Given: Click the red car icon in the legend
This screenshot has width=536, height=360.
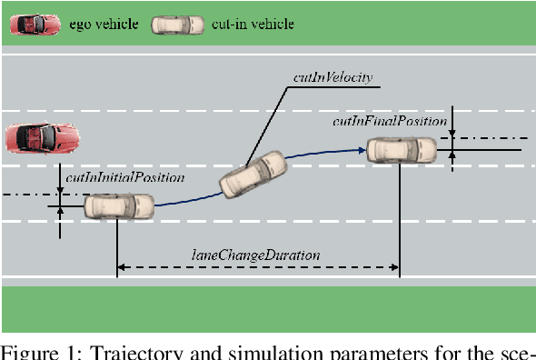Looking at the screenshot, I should coord(35,25).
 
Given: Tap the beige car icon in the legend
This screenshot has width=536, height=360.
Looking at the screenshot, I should coord(180,25).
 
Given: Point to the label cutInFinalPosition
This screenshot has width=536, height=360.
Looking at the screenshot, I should coord(390,120).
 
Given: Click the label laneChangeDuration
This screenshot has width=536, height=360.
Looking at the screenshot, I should coord(255,255).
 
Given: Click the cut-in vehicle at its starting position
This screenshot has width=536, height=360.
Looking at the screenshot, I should coord(119,207).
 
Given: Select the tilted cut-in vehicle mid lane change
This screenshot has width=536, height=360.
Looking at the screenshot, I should coord(253,175).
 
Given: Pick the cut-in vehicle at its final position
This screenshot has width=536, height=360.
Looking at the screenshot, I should coord(402,149).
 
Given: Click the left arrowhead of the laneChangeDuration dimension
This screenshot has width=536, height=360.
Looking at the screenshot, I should coord(123,267).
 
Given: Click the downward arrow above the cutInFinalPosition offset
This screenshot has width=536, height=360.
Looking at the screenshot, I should coord(453,128).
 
